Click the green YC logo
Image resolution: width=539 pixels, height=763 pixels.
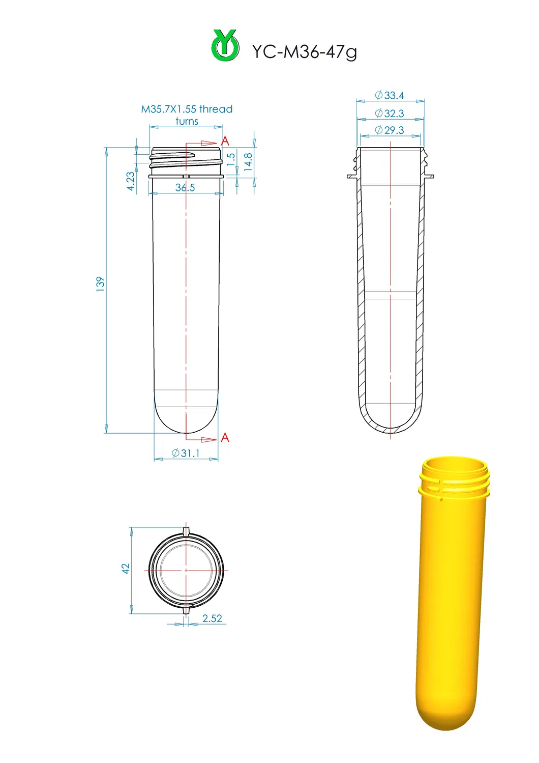(225, 46)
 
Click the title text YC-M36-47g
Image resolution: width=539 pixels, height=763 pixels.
(305, 51)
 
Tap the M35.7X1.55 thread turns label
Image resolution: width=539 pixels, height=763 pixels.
(187, 115)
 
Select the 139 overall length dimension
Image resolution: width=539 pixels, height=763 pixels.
(100, 284)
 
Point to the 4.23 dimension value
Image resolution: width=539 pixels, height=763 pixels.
(131, 181)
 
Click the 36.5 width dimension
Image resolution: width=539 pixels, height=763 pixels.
(185, 187)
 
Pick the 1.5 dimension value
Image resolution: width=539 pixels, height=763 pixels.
(231, 159)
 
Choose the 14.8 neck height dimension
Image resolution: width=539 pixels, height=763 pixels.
(248, 161)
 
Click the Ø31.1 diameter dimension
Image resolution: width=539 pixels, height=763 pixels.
(186, 453)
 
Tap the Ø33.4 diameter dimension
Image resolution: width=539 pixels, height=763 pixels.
(390, 95)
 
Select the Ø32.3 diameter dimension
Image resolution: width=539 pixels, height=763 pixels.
(390, 113)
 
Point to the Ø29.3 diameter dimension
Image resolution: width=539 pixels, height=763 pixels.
(390, 130)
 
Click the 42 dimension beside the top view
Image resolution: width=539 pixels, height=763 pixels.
(125, 569)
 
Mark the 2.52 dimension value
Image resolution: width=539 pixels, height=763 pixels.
(212, 618)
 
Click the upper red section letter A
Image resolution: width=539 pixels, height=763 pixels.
(225, 141)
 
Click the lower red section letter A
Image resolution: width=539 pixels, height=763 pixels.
(225, 437)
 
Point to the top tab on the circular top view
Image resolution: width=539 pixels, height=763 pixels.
(186, 532)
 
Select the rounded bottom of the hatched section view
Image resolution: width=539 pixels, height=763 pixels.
(391, 428)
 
